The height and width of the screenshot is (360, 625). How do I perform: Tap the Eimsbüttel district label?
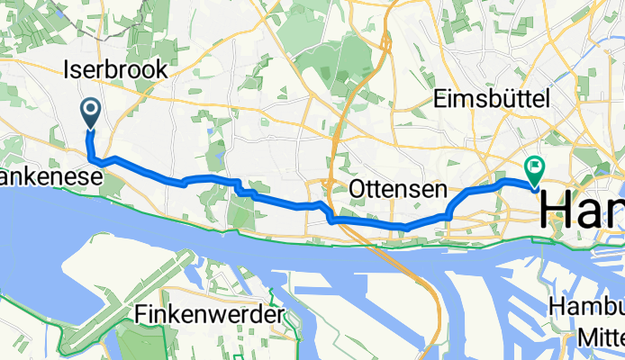click(x=492, y=99)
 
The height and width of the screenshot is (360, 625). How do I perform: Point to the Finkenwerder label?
click(x=208, y=315)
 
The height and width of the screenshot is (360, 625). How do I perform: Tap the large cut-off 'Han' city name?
click(x=582, y=212)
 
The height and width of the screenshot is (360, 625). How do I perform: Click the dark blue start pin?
click(x=91, y=112)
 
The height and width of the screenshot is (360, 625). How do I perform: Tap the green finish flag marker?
click(x=535, y=166)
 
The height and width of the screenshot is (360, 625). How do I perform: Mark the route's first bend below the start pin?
click(x=91, y=158)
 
